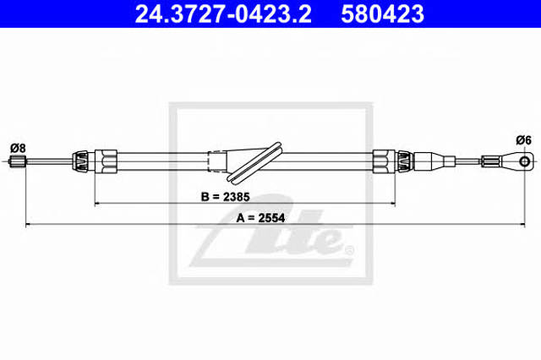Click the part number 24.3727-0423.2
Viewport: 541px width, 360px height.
223,14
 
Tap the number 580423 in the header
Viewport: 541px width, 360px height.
382,14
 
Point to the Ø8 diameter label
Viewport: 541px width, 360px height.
18,148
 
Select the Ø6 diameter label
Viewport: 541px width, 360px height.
524,140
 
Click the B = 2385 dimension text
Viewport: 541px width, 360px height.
226,197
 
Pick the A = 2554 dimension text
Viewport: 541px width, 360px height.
260,218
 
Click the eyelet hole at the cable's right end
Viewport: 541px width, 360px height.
524,161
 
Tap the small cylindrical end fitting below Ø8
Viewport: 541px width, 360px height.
18,161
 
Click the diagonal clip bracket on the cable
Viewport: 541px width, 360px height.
254,161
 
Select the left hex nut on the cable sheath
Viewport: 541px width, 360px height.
106,161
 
